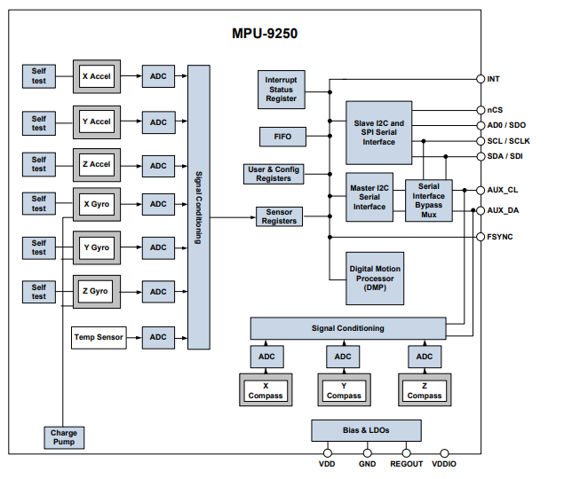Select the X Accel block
click(96, 76)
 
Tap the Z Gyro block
click(96, 291)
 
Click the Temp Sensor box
click(98, 337)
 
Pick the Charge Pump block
click(63, 437)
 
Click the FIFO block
click(282, 137)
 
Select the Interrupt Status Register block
click(282, 89)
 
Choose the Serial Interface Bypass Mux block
click(428, 201)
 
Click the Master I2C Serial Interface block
click(369, 196)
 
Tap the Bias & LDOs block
click(365, 430)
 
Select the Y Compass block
click(344, 390)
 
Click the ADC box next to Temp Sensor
click(158, 337)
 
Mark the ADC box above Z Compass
click(425, 357)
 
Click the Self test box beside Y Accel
click(39, 122)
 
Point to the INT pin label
click(494, 79)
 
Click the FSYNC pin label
click(500, 237)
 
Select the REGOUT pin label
click(407, 464)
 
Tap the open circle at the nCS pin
click(481, 110)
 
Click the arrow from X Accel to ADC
click(130, 76)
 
